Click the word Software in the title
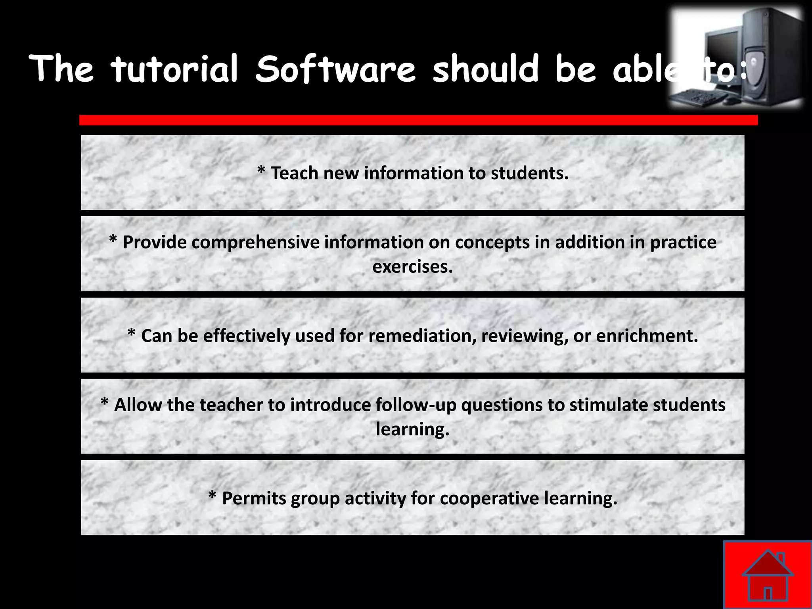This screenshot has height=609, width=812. tap(335, 69)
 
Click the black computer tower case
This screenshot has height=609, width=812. tap(769, 56)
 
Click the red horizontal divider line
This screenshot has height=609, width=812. tap(418, 120)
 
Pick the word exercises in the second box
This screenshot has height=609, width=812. tap(412, 266)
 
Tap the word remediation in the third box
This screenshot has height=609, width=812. tap(422, 336)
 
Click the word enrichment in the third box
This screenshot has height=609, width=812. tap(647, 336)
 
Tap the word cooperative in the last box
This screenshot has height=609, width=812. tap(489, 498)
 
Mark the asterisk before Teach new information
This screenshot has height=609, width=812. tap(261, 171)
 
